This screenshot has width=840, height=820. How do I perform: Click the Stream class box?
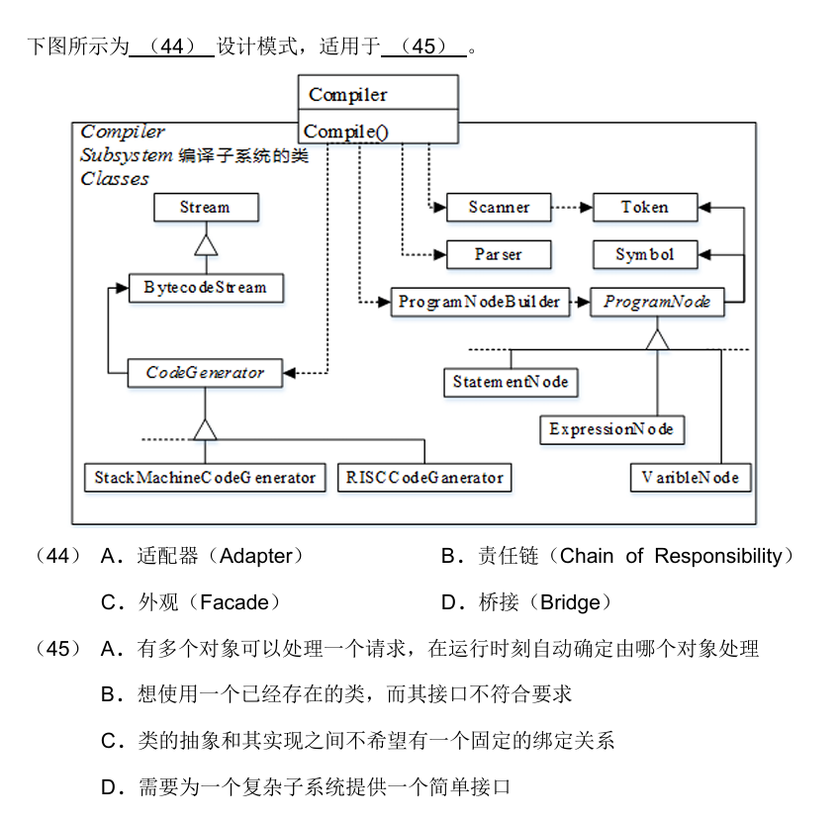coord(206,208)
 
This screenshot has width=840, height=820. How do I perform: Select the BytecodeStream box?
coord(206,288)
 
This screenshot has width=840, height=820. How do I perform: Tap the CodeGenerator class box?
coord(205,373)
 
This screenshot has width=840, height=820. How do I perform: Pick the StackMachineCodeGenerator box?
coord(205,477)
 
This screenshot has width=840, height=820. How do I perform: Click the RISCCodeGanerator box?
coord(424,477)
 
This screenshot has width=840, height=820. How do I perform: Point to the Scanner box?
coord(499,208)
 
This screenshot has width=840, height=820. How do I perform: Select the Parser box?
coord(499,254)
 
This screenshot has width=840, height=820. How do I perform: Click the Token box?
coord(645,208)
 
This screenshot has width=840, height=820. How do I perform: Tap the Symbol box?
coord(645,254)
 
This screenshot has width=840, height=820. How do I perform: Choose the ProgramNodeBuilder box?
coord(480,302)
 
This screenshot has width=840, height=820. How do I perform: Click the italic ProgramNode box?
coord(657,302)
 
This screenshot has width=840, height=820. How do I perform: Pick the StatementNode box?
coord(511,382)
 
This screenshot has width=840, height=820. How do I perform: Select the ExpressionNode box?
coord(611,429)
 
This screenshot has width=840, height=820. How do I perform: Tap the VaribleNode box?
coord(691,477)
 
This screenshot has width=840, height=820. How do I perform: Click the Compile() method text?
coord(346,132)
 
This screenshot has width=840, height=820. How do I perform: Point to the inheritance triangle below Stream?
coord(206,245)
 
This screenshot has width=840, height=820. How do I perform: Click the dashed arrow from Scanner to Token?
coord(572,208)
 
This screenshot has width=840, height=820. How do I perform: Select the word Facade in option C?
coord(234,602)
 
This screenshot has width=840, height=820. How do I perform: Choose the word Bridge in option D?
coord(570,602)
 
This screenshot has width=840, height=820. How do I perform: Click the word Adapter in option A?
coord(256,556)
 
